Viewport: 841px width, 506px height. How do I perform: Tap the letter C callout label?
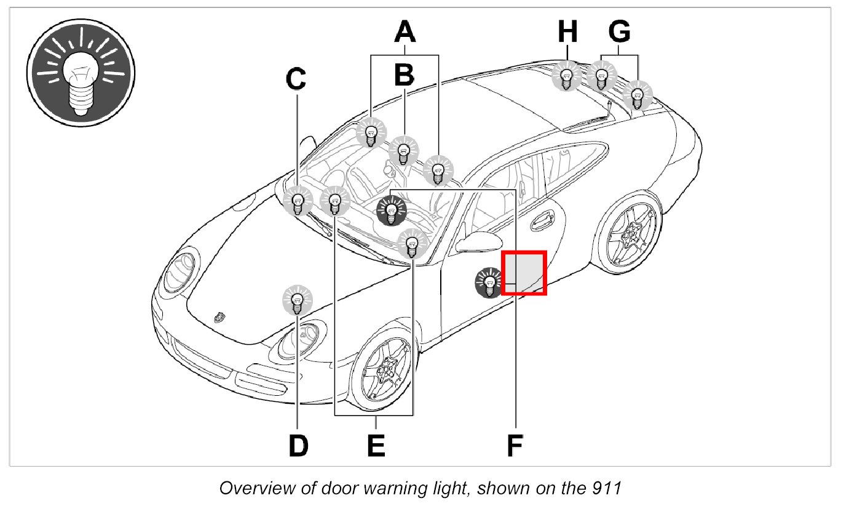297,78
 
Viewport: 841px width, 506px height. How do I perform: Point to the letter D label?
298,446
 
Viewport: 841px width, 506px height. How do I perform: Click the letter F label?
515,446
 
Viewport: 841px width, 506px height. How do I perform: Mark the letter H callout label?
567,31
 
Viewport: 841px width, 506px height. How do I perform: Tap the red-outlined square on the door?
524,273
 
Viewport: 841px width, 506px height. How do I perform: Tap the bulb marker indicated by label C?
298,201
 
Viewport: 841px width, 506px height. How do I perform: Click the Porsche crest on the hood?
217,317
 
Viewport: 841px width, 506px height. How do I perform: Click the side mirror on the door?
474,243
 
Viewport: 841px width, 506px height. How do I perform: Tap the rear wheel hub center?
629,235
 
